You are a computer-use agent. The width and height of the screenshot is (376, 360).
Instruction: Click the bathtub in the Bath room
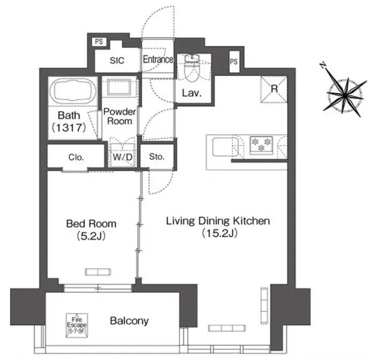pos(73,91)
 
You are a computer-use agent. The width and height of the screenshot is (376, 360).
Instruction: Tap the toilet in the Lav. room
pos(192,68)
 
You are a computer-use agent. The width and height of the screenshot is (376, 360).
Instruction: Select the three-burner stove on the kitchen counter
pos(261,145)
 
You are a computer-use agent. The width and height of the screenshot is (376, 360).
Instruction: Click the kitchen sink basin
pos(226,146)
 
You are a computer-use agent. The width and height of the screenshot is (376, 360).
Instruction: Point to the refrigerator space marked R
pos(274,89)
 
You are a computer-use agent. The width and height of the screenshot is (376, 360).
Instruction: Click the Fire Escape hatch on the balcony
pos(76,325)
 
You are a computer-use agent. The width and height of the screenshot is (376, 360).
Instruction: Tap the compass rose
pos(344,96)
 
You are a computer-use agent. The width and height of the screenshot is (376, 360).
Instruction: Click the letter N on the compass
pos(323,65)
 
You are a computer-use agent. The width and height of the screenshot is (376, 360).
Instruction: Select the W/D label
pos(122,157)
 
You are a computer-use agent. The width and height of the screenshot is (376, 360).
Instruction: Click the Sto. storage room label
pos(157,156)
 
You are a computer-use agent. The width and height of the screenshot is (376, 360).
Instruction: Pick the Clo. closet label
pos(76,158)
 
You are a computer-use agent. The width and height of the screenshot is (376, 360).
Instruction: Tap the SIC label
pos(117,61)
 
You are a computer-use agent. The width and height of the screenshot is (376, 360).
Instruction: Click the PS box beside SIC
pos(99,42)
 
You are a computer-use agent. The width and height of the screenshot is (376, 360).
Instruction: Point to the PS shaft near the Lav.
pos(234,62)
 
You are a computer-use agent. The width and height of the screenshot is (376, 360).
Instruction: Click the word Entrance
pos(158,60)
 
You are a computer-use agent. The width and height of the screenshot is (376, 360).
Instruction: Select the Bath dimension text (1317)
pos(69,128)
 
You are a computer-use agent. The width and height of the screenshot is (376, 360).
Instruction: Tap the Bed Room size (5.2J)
pos(91,236)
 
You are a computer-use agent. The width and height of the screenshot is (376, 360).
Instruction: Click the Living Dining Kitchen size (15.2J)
pos(219,233)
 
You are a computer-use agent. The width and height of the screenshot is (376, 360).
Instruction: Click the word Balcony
pos(129,321)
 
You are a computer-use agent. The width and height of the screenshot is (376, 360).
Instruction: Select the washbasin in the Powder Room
pos(119,87)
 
